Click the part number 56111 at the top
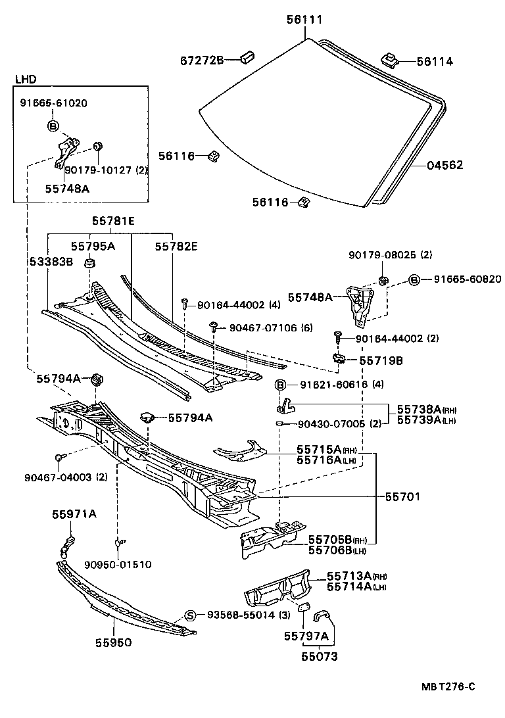304,20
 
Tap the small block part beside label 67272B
248,57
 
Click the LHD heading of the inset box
26,80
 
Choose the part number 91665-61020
53,103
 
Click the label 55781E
112,222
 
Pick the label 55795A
93,246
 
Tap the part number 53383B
51,262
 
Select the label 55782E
177,246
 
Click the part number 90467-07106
262,327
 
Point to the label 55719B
381,361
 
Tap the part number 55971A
75,514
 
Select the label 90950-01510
118,564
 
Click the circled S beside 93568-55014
190,615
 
